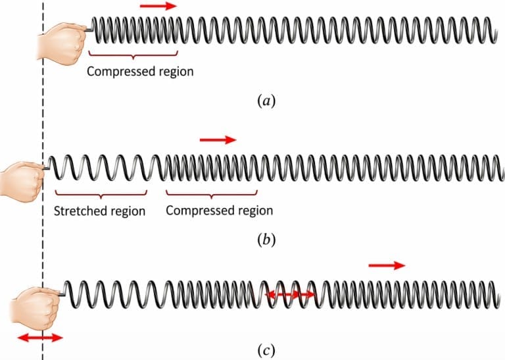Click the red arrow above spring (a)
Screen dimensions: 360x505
[x=158, y=6]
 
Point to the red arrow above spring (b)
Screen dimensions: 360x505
[x=217, y=140]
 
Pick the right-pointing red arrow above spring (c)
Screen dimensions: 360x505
[x=387, y=265]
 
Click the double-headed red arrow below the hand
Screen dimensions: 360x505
[x=39, y=338]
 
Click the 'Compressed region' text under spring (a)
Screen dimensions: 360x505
[x=140, y=71]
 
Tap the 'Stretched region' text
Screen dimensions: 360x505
[x=99, y=211]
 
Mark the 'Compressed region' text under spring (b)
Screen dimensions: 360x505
[x=219, y=211]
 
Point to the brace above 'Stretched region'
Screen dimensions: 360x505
[x=101, y=195]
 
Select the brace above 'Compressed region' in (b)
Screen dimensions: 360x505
[x=211, y=195]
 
